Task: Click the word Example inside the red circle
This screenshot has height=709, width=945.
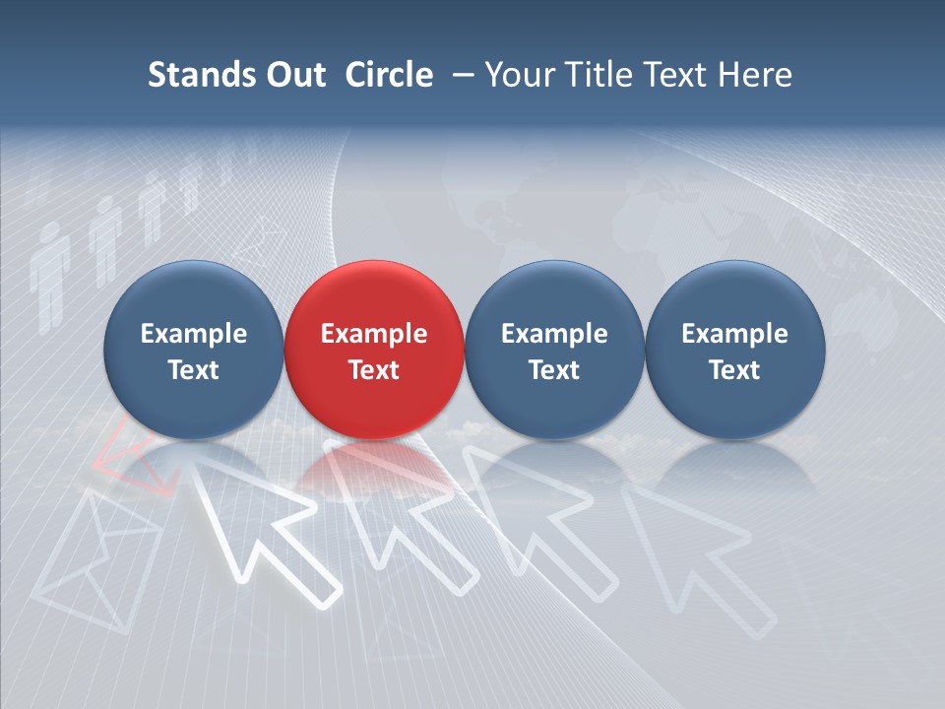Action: click(x=374, y=334)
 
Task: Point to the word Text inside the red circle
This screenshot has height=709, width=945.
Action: click(x=374, y=370)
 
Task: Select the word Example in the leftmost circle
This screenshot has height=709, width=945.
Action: click(x=193, y=334)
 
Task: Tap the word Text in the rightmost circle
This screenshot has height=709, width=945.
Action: click(x=734, y=370)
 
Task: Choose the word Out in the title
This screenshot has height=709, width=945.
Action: click(x=292, y=75)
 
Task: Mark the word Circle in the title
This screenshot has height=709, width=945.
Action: click(x=389, y=75)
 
